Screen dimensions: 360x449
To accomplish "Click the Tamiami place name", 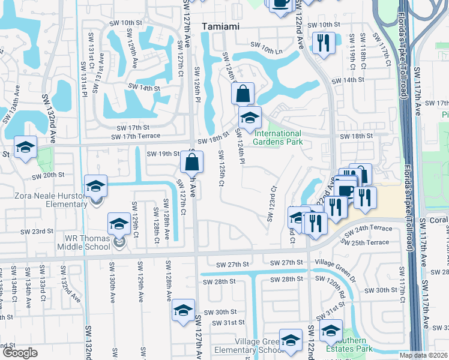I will [x=221, y=26].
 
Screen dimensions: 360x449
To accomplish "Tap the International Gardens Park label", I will [x=277, y=138].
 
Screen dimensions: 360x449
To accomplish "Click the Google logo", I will [x=20, y=353].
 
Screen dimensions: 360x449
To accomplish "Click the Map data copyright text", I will [x=424, y=355].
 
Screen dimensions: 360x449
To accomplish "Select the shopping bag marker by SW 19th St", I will [x=191, y=162].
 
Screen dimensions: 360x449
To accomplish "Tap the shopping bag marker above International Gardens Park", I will [x=242, y=94].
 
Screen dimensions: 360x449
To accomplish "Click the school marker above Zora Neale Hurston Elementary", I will [x=95, y=186].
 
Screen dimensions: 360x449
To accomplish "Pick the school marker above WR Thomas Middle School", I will [x=119, y=224].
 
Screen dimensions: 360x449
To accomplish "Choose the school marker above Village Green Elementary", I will [x=291, y=340].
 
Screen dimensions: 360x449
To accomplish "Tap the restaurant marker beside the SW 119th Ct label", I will [x=322, y=43].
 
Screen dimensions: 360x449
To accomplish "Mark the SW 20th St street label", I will [x=48, y=176].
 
